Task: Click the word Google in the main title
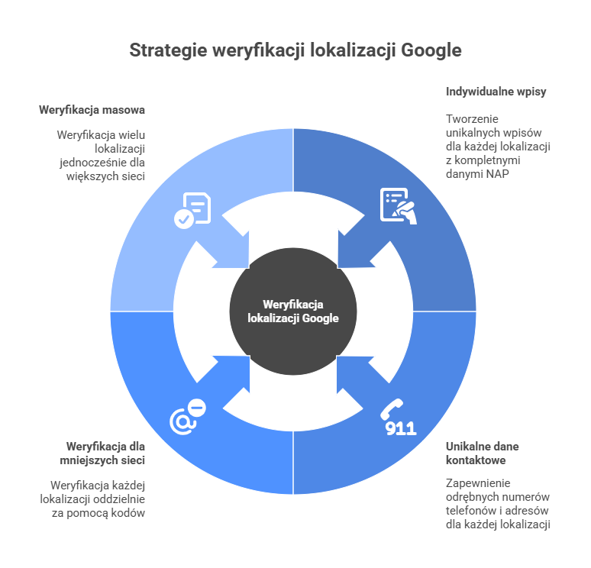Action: pos(432,50)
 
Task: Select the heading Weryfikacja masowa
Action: pos(92,110)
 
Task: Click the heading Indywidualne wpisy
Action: pos(496,92)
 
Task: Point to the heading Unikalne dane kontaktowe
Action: pos(482,453)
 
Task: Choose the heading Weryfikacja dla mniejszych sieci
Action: pos(105,453)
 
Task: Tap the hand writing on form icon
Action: pos(398,205)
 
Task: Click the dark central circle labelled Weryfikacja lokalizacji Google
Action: pos(293,311)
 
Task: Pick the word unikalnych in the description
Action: pos(471,133)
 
